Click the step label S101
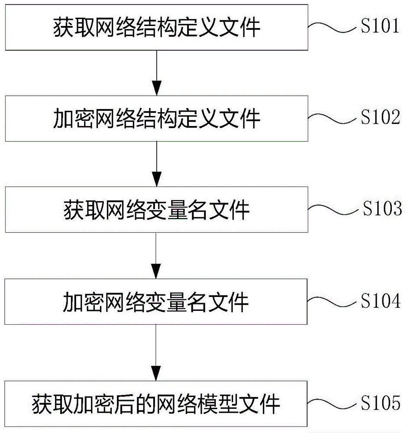point(380,27)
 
